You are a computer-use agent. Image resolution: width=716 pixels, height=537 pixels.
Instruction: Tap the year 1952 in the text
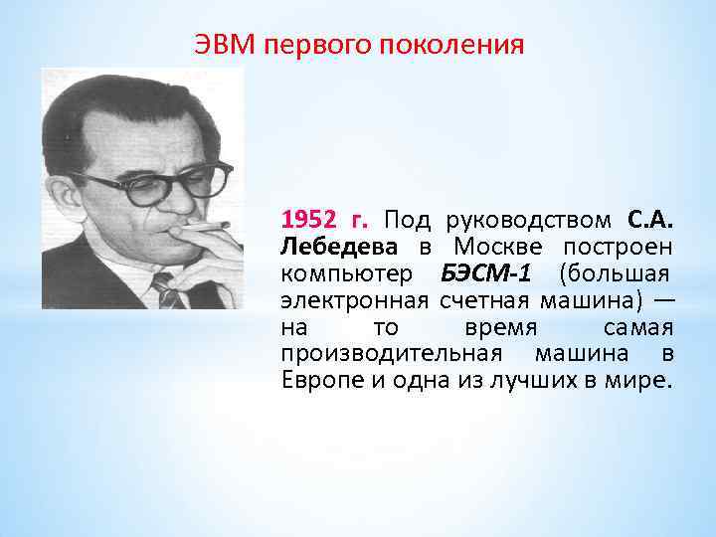309,219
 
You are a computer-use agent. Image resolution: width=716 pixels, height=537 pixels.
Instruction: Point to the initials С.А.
650,219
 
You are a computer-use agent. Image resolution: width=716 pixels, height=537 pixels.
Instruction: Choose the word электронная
354,299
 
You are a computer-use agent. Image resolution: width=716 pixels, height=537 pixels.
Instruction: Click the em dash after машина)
663,299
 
